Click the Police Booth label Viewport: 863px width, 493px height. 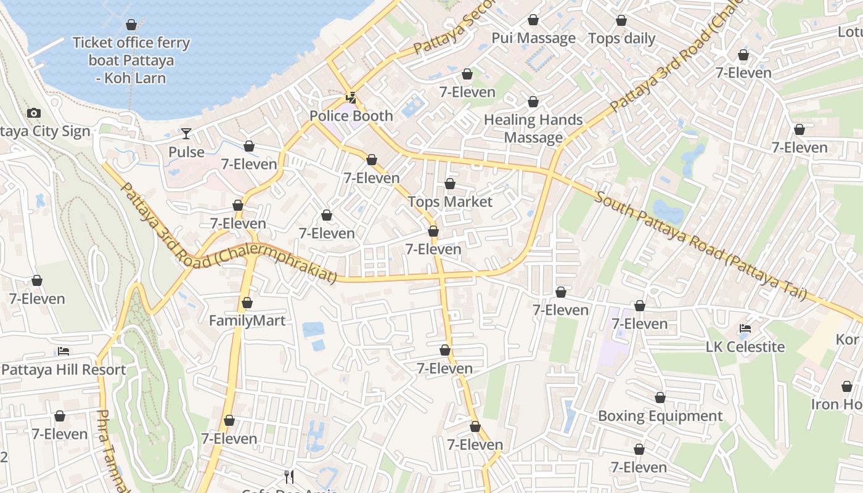351,116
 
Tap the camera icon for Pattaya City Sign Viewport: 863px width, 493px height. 34,113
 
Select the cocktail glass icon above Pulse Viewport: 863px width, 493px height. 186,133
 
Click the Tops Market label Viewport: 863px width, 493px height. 450,202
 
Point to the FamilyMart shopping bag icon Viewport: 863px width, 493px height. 247,303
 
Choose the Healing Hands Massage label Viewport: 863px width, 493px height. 533,128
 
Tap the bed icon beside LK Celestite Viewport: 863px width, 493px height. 745,328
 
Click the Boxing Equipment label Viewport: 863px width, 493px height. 660,416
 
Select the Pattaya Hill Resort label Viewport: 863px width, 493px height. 63,370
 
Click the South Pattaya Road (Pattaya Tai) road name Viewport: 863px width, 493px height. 701,247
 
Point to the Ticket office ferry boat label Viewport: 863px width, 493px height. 131,60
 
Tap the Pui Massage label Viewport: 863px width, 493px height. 533,38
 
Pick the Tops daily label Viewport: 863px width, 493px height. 621,38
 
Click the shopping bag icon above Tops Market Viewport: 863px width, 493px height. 450,184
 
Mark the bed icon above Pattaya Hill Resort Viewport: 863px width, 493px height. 63,351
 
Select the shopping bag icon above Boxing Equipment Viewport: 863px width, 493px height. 660,397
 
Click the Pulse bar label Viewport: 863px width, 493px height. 186,152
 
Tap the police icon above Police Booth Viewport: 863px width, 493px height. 351,97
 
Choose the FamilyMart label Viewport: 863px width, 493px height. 247,320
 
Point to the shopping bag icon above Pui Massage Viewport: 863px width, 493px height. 533,20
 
